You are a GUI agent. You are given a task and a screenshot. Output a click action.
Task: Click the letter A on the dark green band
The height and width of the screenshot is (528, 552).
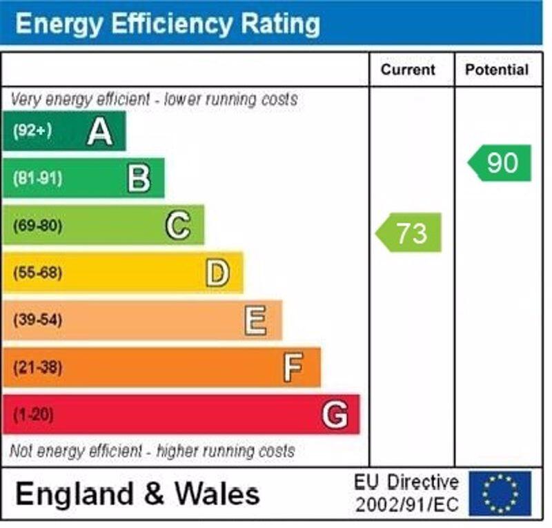point(100,131)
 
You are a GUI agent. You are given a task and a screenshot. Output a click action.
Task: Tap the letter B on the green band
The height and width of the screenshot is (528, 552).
point(139,178)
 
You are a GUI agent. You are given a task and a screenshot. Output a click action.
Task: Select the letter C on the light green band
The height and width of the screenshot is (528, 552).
point(178,225)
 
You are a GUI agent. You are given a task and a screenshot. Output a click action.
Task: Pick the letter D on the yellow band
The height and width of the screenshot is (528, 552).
point(217,273)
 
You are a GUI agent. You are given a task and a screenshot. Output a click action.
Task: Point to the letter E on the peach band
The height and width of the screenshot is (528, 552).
point(255,320)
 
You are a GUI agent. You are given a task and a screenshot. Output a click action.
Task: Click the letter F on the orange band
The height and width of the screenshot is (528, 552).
point(293,367)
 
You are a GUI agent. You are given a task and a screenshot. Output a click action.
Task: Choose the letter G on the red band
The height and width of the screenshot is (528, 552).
point(335,415)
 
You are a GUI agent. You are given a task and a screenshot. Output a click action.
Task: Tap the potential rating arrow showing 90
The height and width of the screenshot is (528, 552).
point(501,163)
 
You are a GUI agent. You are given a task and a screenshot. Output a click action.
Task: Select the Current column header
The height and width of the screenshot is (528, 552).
point(408,70)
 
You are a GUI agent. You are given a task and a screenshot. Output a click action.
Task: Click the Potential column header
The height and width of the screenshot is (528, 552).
point(497,70)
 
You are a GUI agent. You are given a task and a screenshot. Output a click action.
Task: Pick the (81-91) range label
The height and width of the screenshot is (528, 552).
point(37,178)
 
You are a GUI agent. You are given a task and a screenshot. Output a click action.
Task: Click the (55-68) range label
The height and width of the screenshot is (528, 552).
point(37,273)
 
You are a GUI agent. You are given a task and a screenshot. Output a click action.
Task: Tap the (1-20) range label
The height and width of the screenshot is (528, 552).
point(33,415)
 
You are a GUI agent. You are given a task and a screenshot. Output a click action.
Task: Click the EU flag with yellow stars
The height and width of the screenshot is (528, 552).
point(500,493)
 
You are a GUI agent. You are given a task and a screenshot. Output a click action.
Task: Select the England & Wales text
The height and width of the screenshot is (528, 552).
point(138,494)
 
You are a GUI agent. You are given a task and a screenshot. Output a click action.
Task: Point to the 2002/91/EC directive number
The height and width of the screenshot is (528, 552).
point(406,505)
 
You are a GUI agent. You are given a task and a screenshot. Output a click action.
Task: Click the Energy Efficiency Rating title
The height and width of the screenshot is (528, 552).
point(168,23)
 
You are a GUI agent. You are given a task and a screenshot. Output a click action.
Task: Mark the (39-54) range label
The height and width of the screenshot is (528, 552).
point(37,320)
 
